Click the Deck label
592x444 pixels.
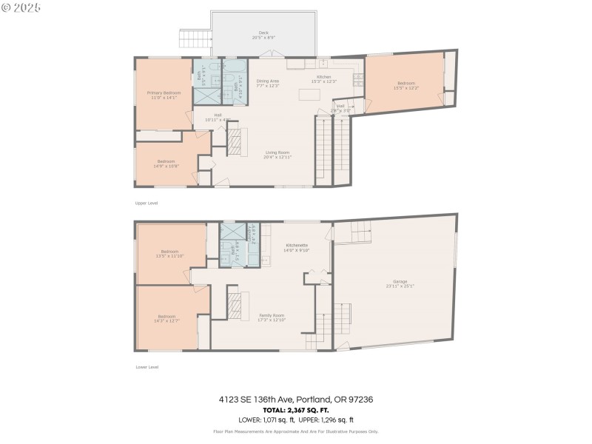[x=263, y=35]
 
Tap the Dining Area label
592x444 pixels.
[x=267, y=83]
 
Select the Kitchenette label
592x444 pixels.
[x=296, y=247]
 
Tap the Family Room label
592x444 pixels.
[x=272, y=317]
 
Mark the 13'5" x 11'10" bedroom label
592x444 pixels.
[x=169, y=255]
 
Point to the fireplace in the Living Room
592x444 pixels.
[x=235, y=141]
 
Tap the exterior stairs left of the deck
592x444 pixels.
[x=192, y=39]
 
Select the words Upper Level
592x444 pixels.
[x=147, y=203]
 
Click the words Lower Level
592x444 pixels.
[x=147, y=366]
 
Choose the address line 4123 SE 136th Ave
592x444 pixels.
[x=295, y=399]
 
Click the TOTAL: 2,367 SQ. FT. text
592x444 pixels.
[x=295, y=410]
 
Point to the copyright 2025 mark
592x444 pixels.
[x=21, y=7]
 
